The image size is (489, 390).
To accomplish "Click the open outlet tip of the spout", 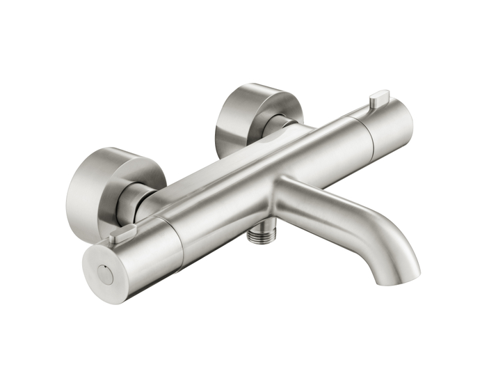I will click(x=399, y=277).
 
